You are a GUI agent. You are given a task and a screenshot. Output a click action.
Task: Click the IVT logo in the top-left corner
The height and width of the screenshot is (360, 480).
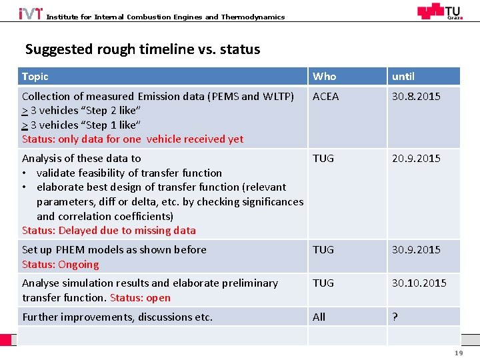click(31, 13)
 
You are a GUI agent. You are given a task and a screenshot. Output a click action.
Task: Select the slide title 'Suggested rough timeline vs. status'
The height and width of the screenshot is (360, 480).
click(143, 49)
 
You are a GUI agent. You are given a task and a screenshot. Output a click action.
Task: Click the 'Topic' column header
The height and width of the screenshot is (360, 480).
click(35, 77)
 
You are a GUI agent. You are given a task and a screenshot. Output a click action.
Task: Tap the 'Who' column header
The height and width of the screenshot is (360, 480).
click(325, 77)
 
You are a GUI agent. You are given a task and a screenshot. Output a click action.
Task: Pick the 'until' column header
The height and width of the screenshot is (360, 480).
click(403, 77)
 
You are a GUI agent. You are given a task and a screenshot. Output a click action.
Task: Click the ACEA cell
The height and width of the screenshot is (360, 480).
click(326, 97)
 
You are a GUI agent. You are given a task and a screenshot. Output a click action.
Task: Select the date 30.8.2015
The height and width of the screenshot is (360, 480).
click(416, 97)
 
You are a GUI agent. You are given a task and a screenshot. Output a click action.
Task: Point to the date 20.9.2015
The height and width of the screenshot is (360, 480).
click(416, 159)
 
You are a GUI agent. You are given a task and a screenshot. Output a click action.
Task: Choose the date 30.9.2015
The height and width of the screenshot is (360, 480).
click(416, 250)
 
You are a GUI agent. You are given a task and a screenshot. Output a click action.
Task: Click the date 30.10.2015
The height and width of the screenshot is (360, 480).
click(419, 283)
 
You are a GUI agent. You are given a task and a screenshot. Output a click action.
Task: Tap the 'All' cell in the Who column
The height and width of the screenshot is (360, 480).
click(319, 317)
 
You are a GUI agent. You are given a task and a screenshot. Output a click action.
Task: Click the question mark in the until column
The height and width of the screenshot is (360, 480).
click(395, 317)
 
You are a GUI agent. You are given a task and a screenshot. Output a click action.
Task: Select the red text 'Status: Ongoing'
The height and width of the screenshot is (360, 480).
click(61, 265)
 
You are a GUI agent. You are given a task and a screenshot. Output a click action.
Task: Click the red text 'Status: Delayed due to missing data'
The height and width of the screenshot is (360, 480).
click(109, 231)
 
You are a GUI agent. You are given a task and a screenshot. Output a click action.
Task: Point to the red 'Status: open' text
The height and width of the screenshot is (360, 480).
click(140, 298)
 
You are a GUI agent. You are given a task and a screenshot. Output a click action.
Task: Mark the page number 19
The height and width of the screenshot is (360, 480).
click(459, 353)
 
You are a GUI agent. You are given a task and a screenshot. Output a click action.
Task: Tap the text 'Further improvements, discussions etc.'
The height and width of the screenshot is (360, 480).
click(117, 317)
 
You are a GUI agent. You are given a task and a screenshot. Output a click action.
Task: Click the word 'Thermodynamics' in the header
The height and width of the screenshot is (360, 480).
click(253, 17)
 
